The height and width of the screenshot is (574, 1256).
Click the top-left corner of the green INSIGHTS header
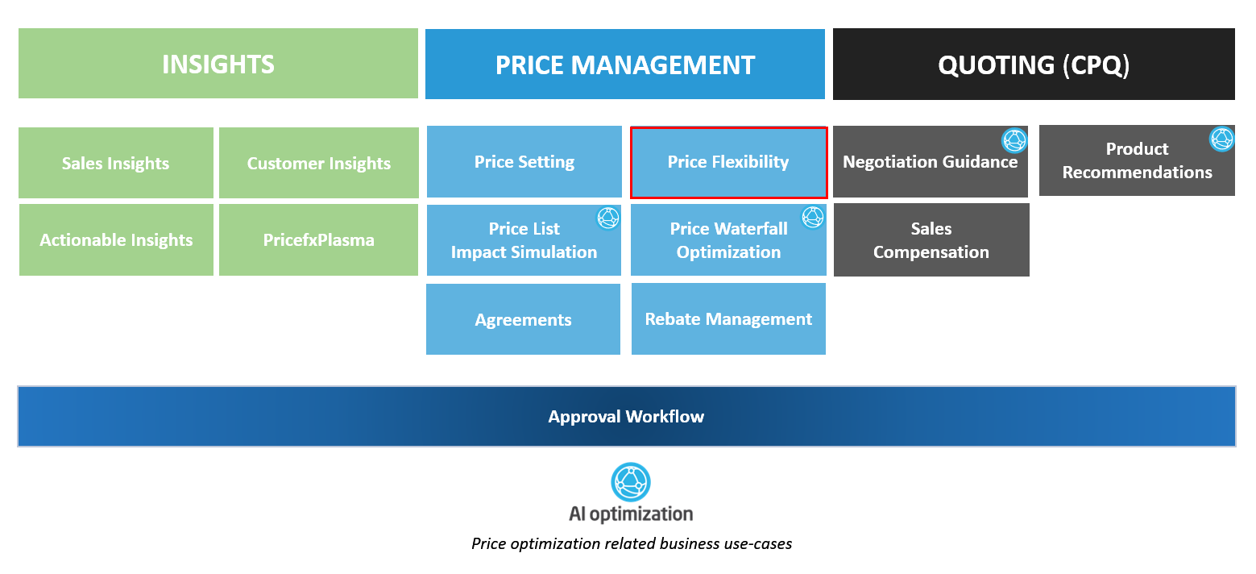point(19,28)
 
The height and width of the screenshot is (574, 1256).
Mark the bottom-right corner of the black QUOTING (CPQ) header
point(1235,100)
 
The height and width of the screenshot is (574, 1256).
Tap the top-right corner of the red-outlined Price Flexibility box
point(827,127)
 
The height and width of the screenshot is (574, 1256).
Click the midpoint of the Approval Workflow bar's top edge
point(626,387)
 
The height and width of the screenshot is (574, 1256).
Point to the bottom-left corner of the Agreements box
point(426,355)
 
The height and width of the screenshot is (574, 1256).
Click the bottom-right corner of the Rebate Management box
point(825,355)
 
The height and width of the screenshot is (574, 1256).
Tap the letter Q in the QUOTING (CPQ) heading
point(950,65)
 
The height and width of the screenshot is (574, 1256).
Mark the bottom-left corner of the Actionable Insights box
point(19,276)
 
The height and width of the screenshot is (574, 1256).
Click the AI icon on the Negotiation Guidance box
point(1014,140)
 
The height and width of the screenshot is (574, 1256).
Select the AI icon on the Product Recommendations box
point(1222,139)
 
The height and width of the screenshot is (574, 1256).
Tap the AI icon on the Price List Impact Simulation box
point(607,218)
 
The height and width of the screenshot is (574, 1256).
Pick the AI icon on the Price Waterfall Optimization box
point(812,217)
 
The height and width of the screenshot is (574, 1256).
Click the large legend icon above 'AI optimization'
point(631,482)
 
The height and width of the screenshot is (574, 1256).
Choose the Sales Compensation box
point(931,239)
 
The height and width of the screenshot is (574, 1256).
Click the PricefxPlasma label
point(318,240)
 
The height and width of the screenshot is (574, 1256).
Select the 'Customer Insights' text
point(318,164)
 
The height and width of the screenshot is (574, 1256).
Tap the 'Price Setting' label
point(524,162)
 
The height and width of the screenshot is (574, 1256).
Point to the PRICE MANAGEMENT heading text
point(625,65)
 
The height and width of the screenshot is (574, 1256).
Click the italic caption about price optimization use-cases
point(632,543)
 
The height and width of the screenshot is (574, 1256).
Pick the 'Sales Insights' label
point(115,164)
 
